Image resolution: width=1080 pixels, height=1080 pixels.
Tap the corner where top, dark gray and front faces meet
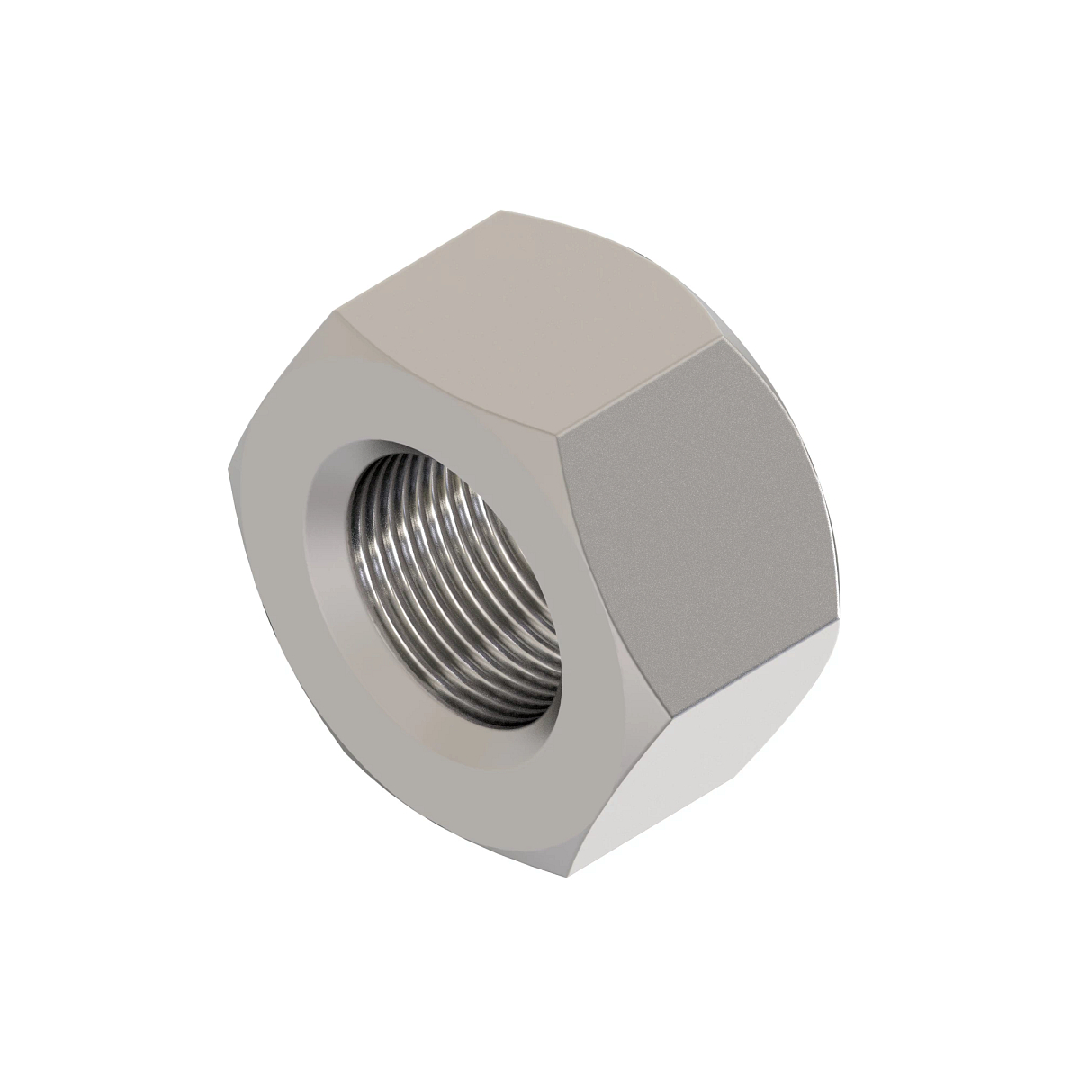pyautogui.click(x=558, y=441)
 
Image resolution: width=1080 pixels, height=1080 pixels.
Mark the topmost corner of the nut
pyautogui.click(x=504, y=212)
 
